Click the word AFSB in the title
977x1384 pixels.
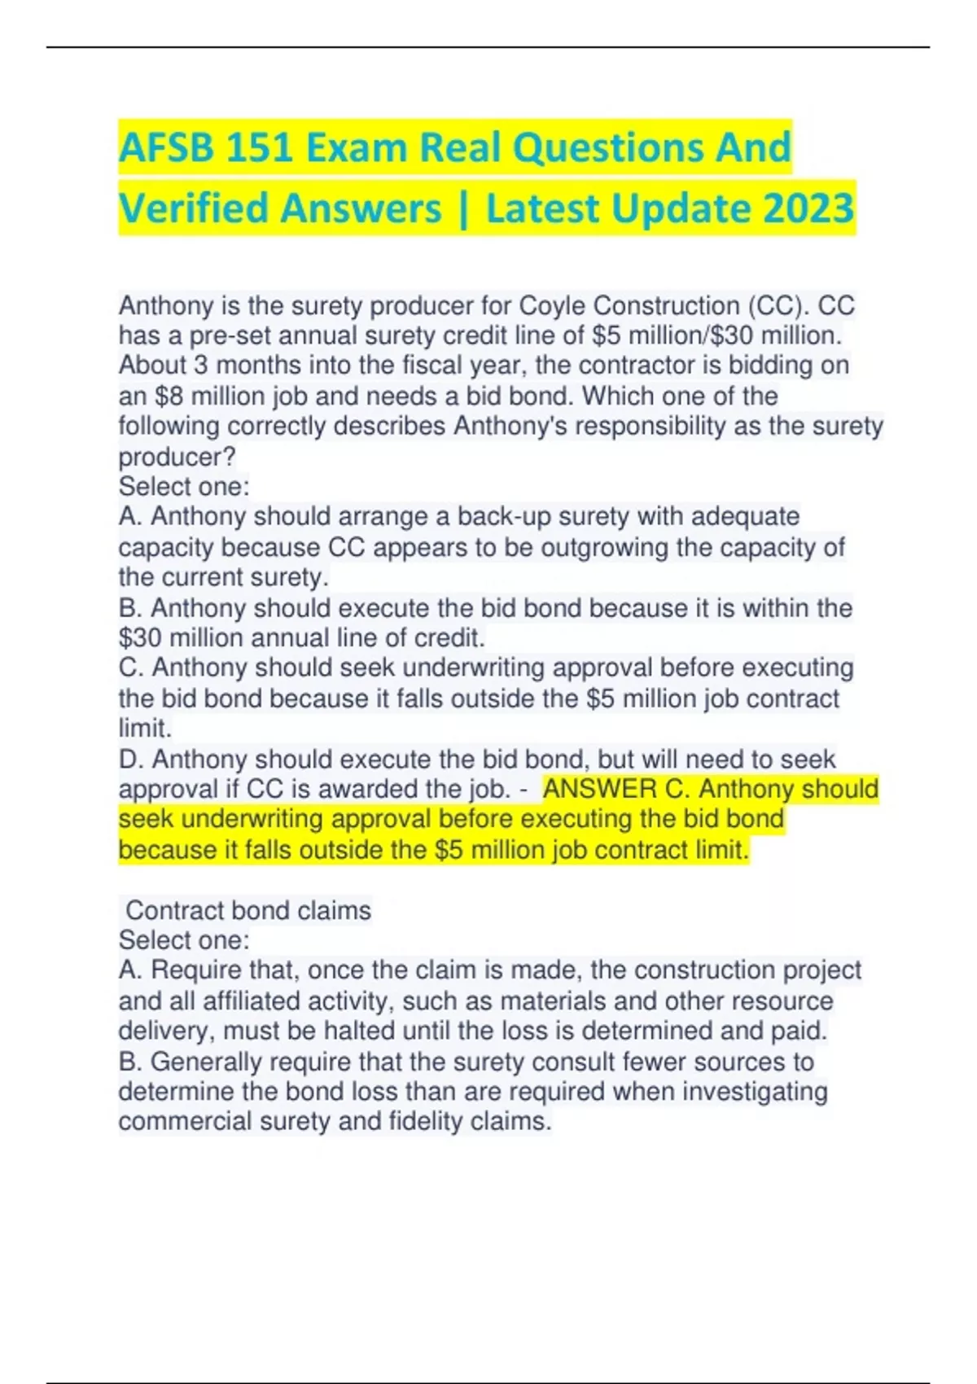(165, 148)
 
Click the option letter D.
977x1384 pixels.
(130, 760)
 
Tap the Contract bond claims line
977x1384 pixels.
(248, 910)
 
